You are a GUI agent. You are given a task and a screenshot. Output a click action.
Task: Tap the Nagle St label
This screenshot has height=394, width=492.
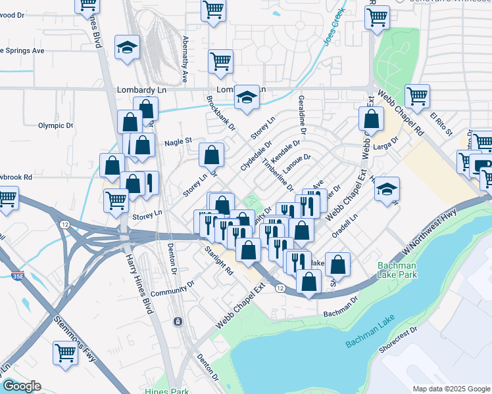pos(178,141)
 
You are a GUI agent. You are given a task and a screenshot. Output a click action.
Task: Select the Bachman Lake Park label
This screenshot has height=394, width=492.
pos(399,269)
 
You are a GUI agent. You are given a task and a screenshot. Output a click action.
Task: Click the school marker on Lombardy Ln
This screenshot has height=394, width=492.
pos(247,98)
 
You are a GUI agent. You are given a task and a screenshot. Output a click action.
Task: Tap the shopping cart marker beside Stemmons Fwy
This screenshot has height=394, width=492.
pos(66,353)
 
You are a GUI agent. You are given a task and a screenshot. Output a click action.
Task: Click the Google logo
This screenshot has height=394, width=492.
pos(22,386)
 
